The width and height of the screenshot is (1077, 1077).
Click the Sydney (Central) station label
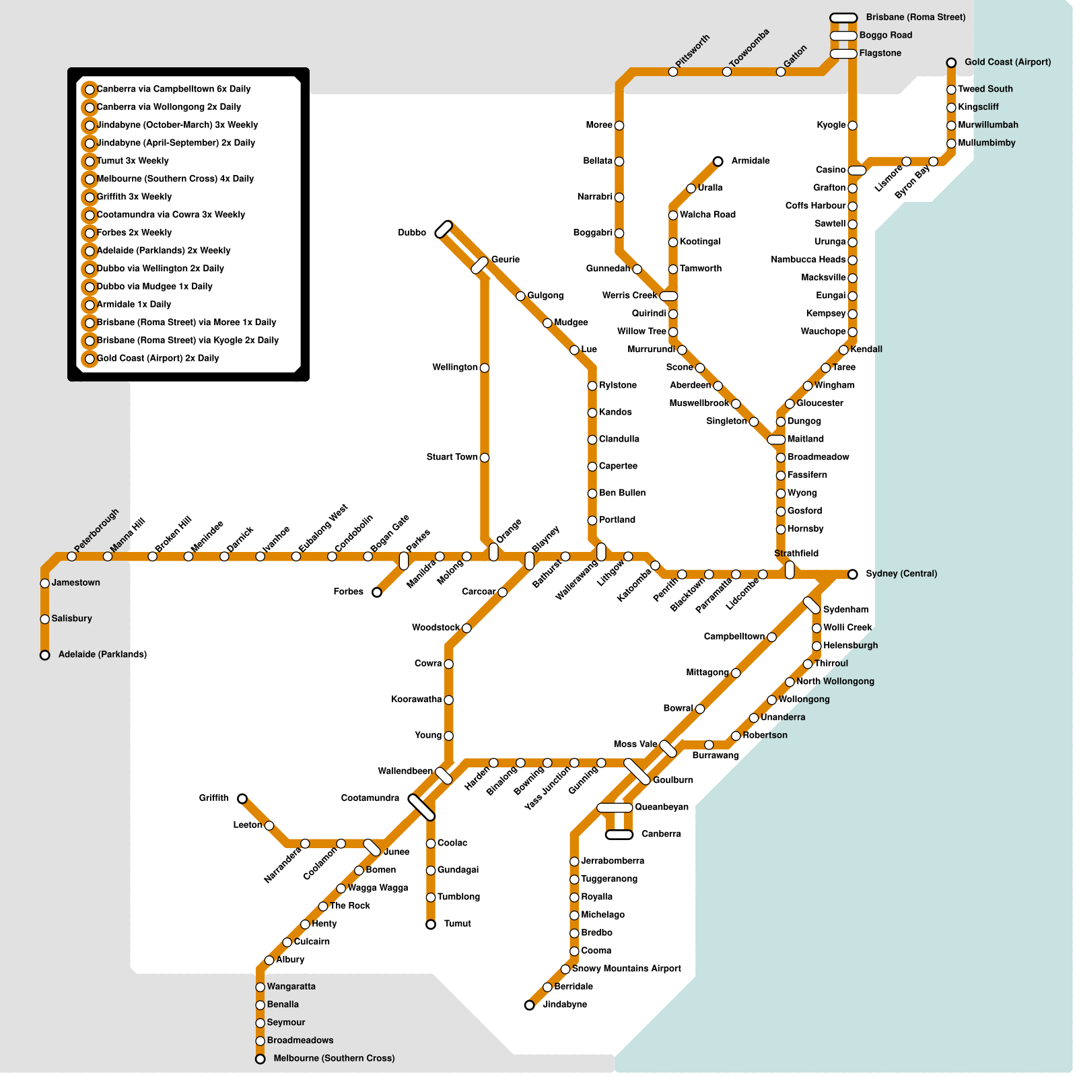click(x=901, y=574)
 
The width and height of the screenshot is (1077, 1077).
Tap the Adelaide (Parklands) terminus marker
click(x=45, y=655)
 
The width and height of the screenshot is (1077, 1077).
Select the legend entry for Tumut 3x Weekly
click(x=133, y=161)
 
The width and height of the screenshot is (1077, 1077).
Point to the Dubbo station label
click(x=412, y=233)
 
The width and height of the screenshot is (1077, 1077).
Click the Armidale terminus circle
click(x=718, y=162)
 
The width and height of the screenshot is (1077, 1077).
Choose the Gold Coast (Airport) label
click(x=1007, y=62)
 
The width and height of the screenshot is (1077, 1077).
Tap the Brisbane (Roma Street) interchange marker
click(x=843, y=18)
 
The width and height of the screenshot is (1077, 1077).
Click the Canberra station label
click(x=661, y=834)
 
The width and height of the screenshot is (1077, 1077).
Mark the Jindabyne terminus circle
click(x=530, y=1005)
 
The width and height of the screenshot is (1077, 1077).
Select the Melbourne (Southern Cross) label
click(x=334, y=1058)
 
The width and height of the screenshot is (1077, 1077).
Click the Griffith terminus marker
click(x=242, y=798)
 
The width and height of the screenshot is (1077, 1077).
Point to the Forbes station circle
click(x=377, y=592)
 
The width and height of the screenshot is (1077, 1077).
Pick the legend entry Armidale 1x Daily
click(x=134, y=304)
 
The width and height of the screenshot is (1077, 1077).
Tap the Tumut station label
click(x=457, y=924)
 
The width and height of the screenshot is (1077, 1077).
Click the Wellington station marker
click(x=485, y=368)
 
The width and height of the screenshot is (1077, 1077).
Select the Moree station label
click(x=598, y=125)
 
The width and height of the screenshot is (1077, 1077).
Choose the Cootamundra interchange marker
click(x=422, y=807)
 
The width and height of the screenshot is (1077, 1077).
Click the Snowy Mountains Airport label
click(x=626, y=969)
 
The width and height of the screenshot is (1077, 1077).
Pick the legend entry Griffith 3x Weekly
click(x=134, y=197)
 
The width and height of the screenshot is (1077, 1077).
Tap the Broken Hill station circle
click(x=153, y=556)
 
